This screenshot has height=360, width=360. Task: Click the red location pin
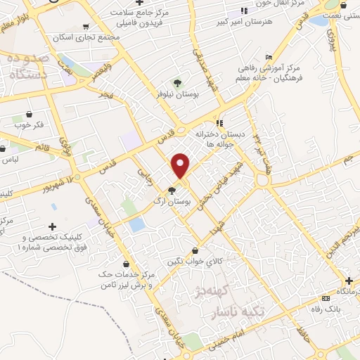click(181, 166)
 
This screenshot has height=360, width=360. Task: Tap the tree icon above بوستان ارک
click(172, 191)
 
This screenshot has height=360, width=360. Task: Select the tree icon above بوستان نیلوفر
click(176, 83)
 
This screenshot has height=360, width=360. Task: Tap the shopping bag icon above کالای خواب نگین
click(195, 250)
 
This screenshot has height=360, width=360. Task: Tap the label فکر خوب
click(29, 125)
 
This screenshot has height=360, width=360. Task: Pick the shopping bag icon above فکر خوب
click(29, 114)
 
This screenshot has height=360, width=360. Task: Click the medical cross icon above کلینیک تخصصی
click(52, 226)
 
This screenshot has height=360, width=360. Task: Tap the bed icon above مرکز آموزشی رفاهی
click(269, 57)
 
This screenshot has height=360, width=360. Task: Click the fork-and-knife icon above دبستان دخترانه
click(219, 122)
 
